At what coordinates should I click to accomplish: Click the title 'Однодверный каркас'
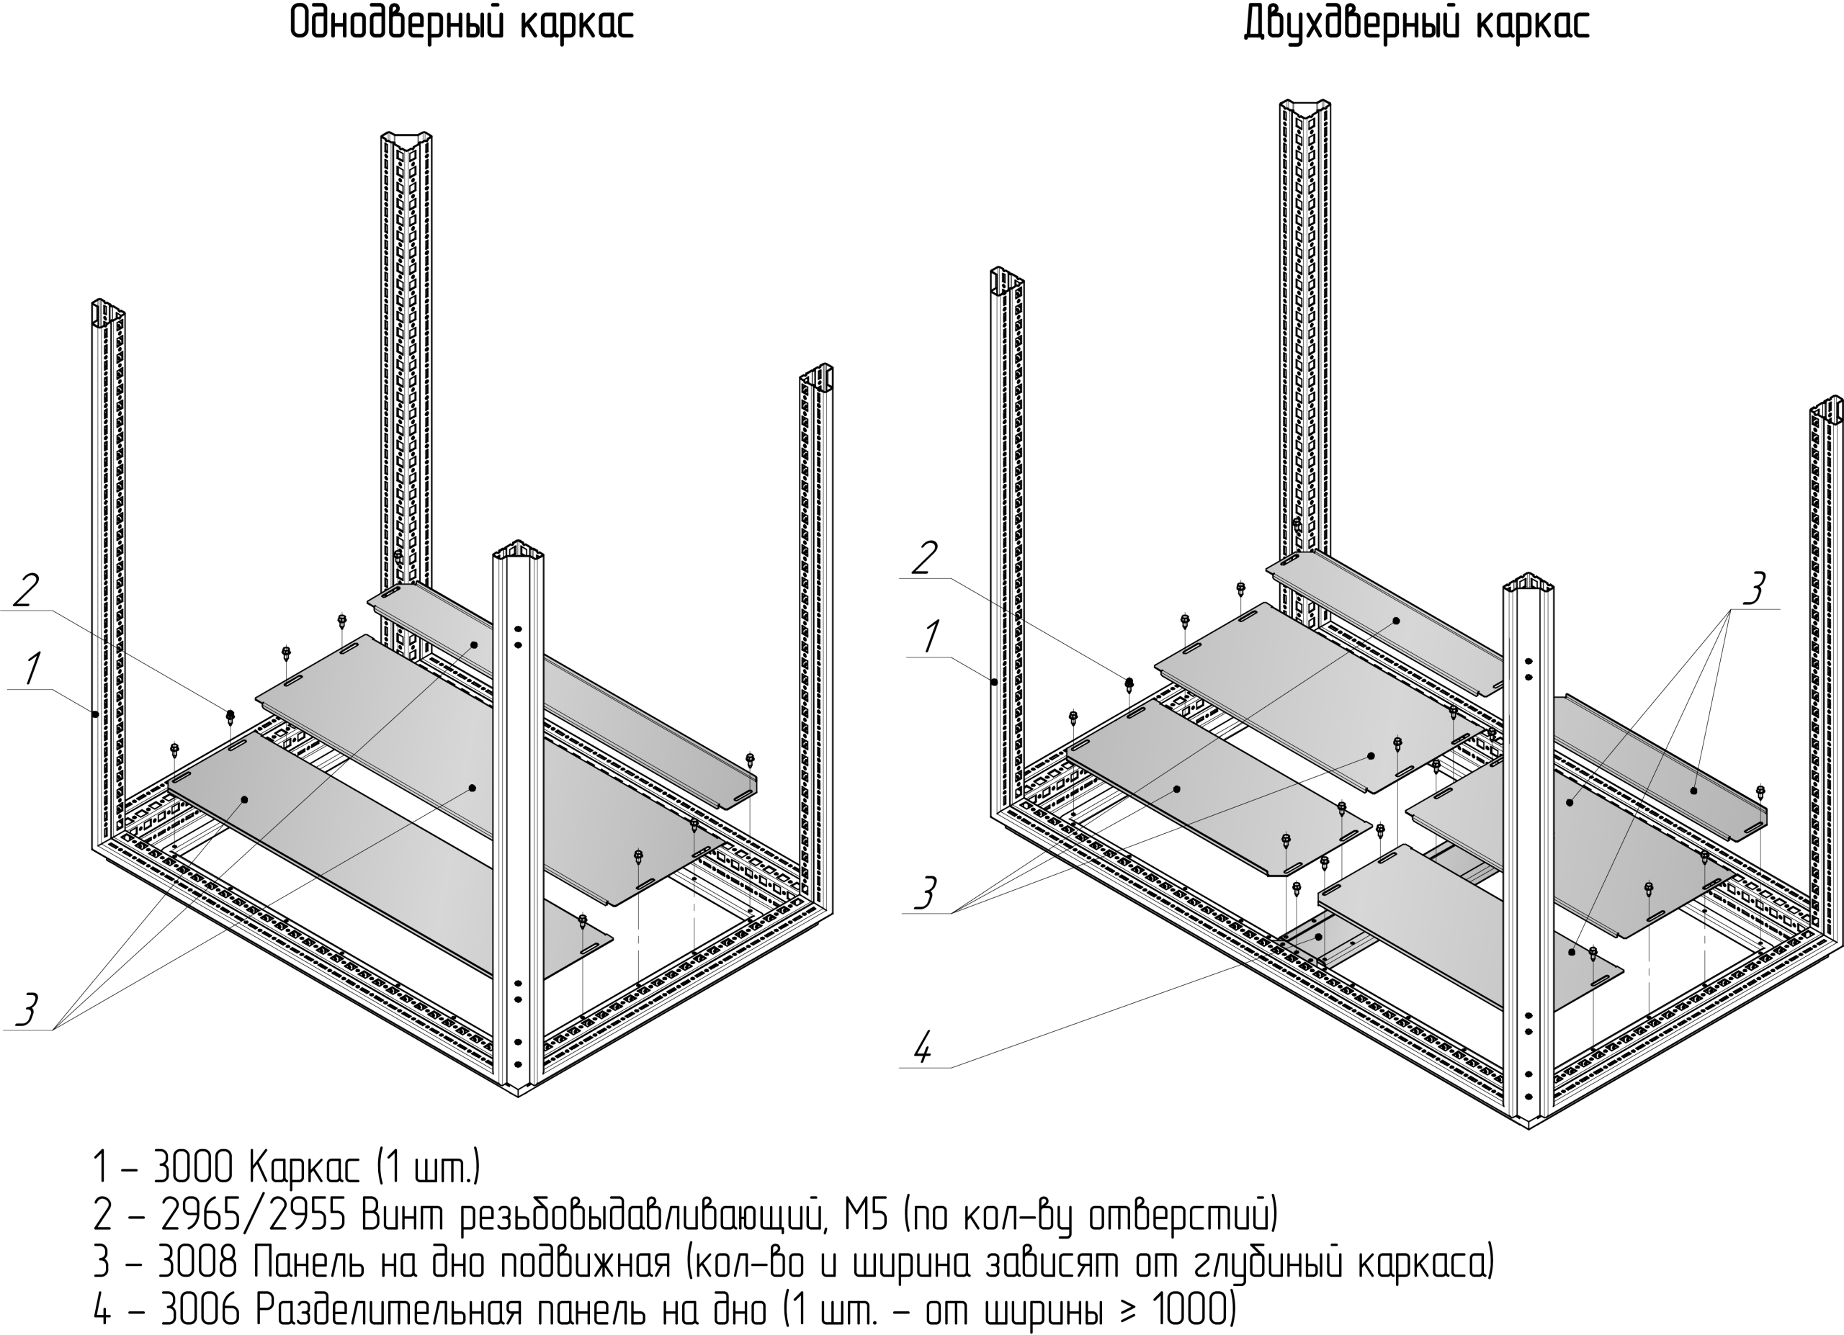click(461, 24)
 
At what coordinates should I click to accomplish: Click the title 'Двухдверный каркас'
click(1415, 24)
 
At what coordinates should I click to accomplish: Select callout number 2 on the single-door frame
click(25, 590)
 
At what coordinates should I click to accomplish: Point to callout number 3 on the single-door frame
click(27, 1010)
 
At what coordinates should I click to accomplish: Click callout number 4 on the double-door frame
click(922, 1048)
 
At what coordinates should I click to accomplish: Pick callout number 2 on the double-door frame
click(923, 558)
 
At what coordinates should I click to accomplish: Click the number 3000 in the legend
click(194, 1168)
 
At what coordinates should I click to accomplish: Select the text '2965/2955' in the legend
click(254, 1215)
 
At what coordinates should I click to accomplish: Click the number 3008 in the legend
click(197, 1263)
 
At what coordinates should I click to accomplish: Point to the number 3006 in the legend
click(200, 1310)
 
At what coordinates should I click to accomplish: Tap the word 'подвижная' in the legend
click(585, 1263)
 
